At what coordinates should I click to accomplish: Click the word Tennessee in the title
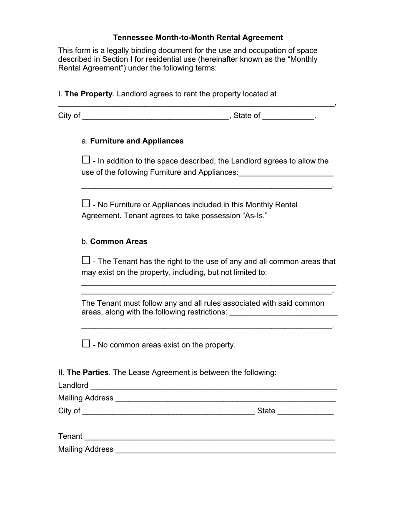tap(133, 38)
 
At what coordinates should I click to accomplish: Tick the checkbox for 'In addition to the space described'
tap(86, 160)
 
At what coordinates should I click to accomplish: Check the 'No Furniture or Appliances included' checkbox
tap(86, 204)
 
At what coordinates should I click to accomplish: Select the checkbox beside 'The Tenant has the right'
tap(86, 260)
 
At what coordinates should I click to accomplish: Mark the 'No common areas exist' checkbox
tap(86, 344)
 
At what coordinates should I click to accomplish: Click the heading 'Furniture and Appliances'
tap(137, 141)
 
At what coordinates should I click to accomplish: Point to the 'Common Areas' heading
tap(119, 241)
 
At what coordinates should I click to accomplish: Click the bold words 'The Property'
tap(89, 94)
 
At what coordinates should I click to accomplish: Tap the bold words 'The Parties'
tap(88, 372)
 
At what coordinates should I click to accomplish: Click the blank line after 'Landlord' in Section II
tap(213, 386)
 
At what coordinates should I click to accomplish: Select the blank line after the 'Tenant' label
tap(210, 437)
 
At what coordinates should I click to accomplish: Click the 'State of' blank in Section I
tap(288, 117)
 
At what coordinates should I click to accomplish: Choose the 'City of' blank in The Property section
tap(156, 117)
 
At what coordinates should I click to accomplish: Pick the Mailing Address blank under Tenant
tap(226, 450)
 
